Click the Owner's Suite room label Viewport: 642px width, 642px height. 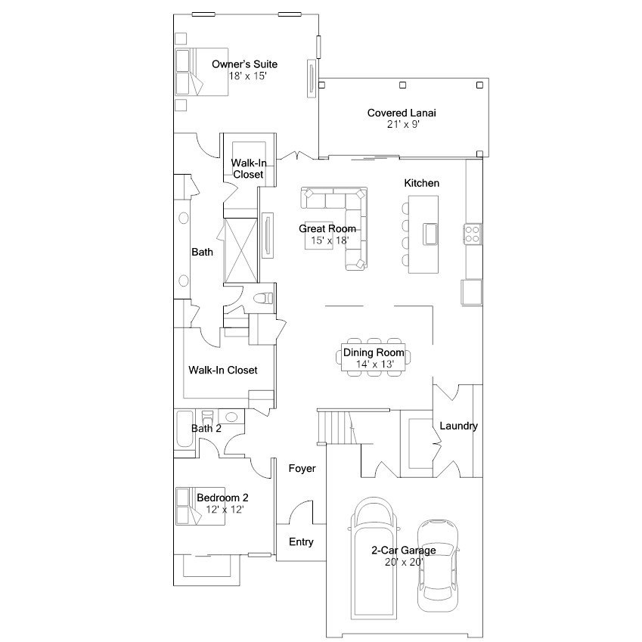tap(244, 64)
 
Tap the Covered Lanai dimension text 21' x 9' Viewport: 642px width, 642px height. tap(403, 125)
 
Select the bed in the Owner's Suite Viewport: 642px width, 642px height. tap(201, 72)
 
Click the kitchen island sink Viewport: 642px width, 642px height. tap(430, 234)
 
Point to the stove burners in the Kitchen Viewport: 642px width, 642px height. tap(472, 234)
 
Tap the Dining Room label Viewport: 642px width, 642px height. tap(374, 352)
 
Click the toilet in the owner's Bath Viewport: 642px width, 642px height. tap(263, 298)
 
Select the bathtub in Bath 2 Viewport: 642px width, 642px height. tap(185, 429)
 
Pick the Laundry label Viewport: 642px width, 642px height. tap(458, 426)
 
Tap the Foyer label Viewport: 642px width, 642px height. tap(302, 468)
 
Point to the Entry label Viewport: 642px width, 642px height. tap(301, 542)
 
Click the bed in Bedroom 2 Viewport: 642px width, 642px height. tap(200, 506)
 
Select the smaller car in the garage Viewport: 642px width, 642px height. tap(438, 566)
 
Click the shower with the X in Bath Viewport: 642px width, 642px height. tap(241, 251)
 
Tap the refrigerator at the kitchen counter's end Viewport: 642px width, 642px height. tap(471, 292)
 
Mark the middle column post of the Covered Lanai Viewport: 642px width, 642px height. tap(403, 85)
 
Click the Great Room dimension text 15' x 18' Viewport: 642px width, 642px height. tap(330, 240)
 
